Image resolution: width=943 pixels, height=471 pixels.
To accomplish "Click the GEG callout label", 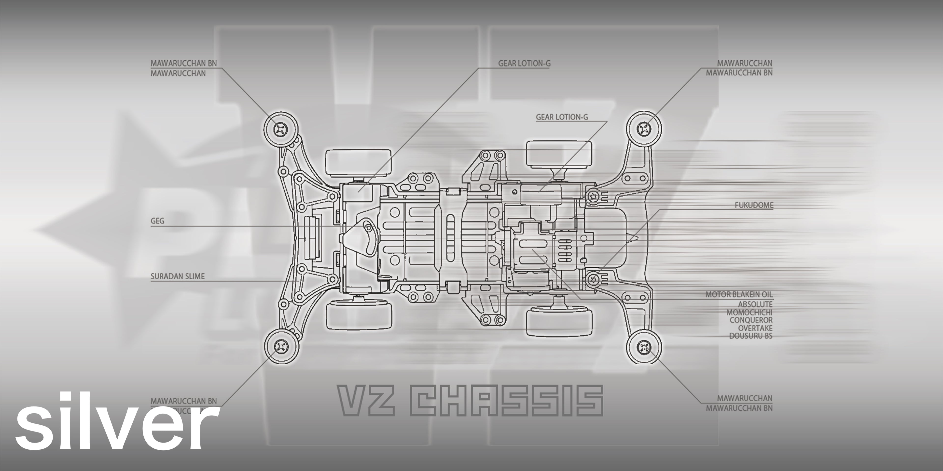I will click(x=157, y=221).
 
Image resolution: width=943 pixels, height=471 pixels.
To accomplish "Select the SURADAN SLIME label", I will click(x=178, y=276).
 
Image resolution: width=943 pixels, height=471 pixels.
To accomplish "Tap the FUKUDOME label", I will click(x=754, y=205).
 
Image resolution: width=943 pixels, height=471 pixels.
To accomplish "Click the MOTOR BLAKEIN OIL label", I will click(x=739, y=294).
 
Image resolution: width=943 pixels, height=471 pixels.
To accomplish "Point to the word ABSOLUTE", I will click(x=755, y=304).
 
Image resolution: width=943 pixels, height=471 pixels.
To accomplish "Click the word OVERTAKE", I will click(x=755, y=328).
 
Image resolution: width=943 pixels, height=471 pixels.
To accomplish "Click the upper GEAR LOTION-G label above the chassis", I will click(x=524, y=63).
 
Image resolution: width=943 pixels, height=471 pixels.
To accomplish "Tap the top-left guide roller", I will click(x=281, y=128).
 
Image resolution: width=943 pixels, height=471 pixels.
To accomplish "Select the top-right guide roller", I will click(x=644, y=128).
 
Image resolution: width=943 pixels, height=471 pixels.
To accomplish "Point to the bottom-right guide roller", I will click(x=644, y=346).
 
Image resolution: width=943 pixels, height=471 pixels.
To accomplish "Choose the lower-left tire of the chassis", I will click(x=359, y=314).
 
